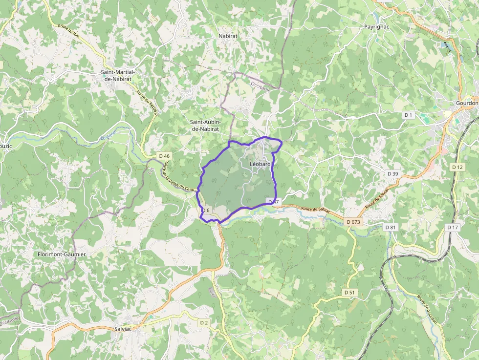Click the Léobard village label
260,164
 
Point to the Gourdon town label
466,103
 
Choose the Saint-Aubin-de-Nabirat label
205,125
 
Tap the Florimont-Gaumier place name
62,254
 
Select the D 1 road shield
409,115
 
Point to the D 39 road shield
392,174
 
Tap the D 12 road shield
457,167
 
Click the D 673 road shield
353,222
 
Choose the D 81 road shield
390,227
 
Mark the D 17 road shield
453,227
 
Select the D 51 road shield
349,292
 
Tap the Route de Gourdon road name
427,309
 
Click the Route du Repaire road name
147,103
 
